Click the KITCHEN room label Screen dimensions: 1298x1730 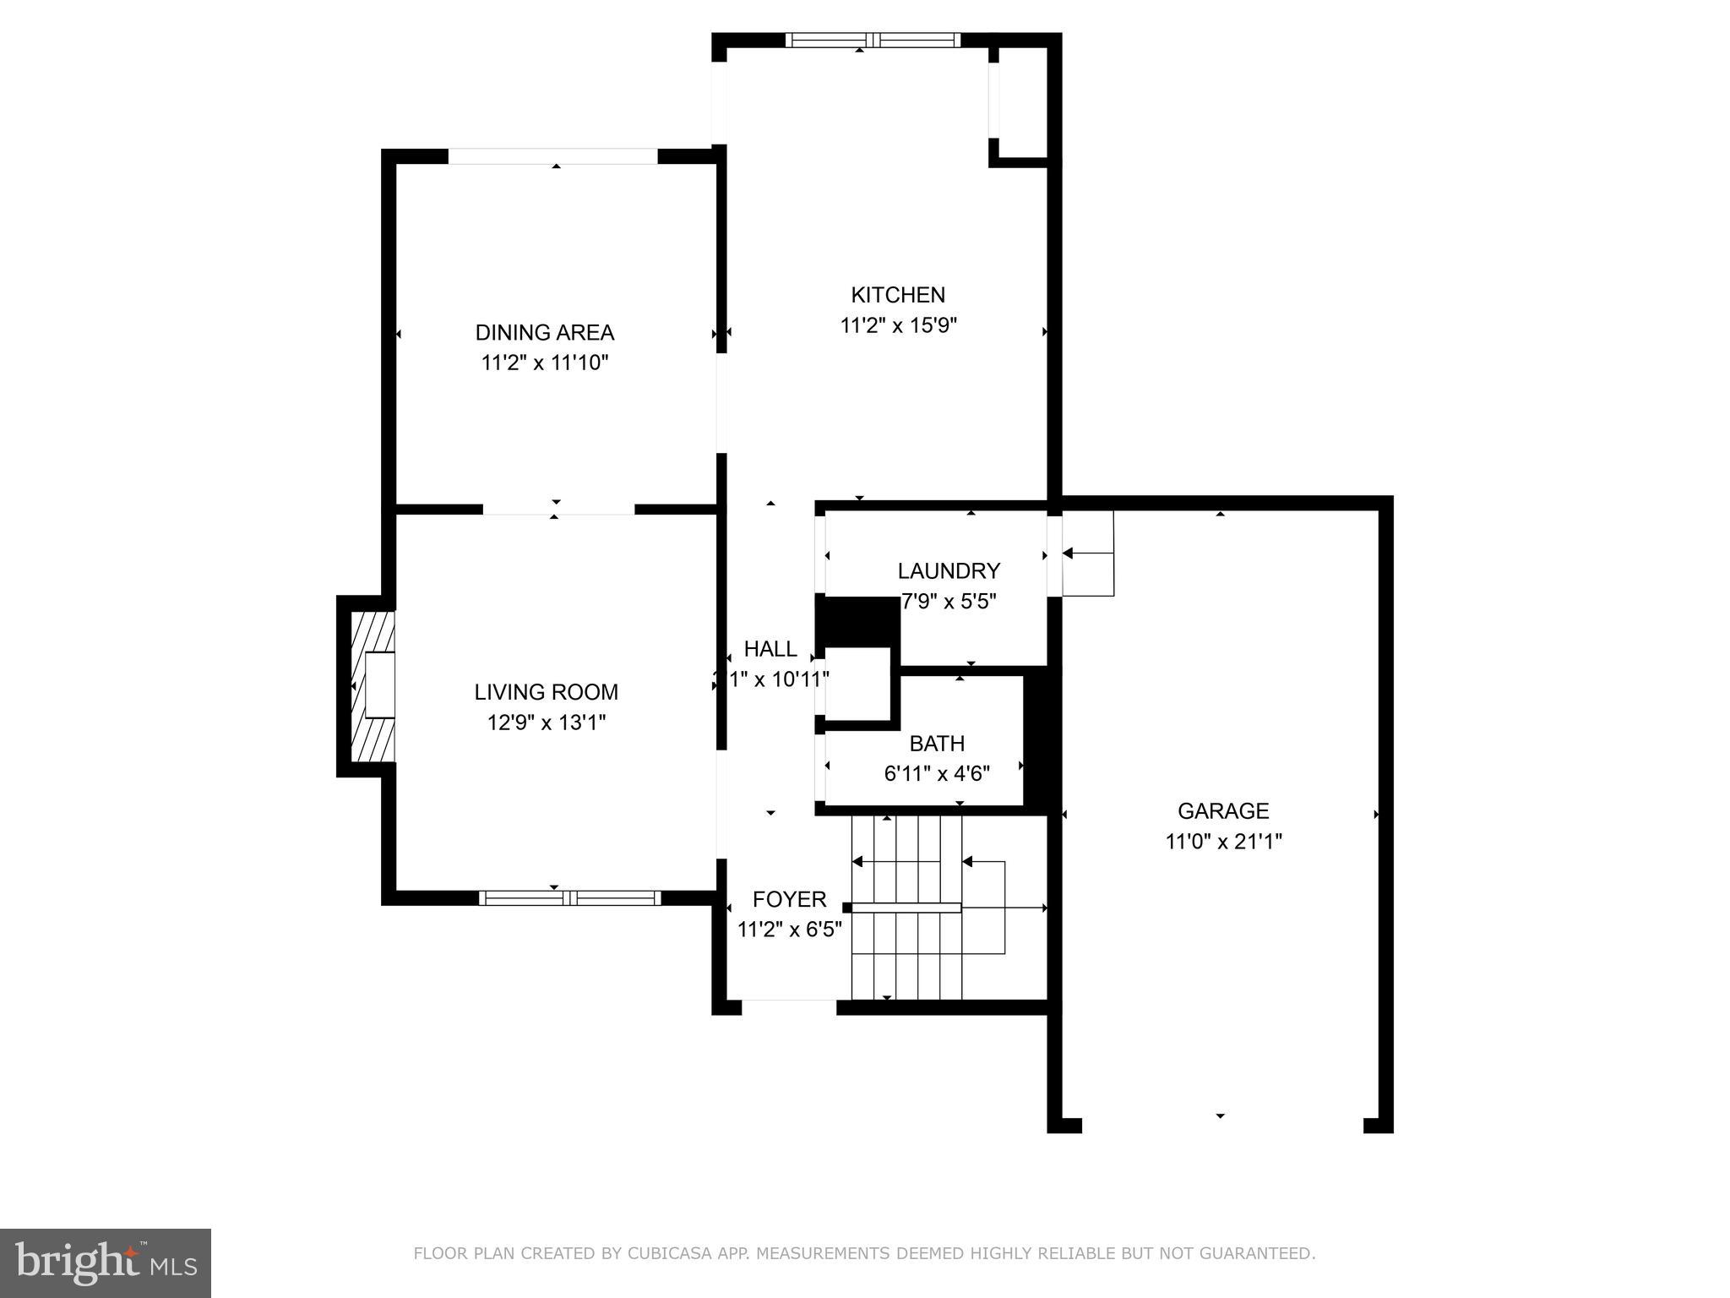(x=897, y=295)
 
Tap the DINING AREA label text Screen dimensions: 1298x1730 (x=544, y=332)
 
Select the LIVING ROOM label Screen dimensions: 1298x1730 (x=546, y=692)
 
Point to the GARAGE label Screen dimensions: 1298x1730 (x=1222, y=811)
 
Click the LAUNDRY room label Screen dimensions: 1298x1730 (x=948, y=571)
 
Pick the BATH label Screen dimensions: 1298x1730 (x=936, y=744)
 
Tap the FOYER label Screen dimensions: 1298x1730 (x=789, y=899)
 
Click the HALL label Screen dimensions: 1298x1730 (x=770, y=649)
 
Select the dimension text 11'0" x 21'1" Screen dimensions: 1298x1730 (x=1223, y=842)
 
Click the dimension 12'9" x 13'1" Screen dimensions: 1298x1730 (x=547, y=723)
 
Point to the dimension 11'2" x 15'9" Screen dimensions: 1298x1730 (x=898, y=325)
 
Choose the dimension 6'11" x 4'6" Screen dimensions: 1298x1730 (x=936, y=773)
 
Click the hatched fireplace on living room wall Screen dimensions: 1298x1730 (x=373, y=685)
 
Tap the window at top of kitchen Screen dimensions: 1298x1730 (x=873, y=40)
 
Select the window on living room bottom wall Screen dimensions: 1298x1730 (x=569, y=897)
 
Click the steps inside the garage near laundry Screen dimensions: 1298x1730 (x=1088, y=554)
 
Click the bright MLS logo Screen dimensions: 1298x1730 (x=105, y=1262)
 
